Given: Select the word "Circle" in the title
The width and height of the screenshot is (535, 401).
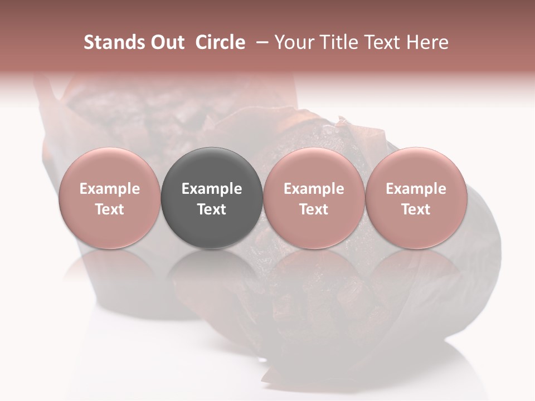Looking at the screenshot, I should (x=220, y=42).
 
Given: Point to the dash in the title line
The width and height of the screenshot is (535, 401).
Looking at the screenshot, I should (x=260, y=42).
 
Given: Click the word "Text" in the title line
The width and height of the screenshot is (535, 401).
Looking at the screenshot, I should (x=383, y=42).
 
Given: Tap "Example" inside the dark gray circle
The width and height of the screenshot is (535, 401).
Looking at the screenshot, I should (x=212, y=189).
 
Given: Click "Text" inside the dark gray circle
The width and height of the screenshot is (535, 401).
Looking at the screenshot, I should (x=212, y=209).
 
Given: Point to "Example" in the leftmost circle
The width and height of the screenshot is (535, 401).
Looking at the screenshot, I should (x=109, y=189).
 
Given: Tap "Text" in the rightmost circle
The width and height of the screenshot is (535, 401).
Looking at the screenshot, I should (x=416, y=209).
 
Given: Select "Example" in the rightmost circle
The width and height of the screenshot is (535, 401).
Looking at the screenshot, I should (x=416, y=189).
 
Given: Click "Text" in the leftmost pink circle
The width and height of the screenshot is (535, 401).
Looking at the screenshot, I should (x=109, y=209).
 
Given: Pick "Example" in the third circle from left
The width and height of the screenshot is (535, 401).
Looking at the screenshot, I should (x=314, y=189).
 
